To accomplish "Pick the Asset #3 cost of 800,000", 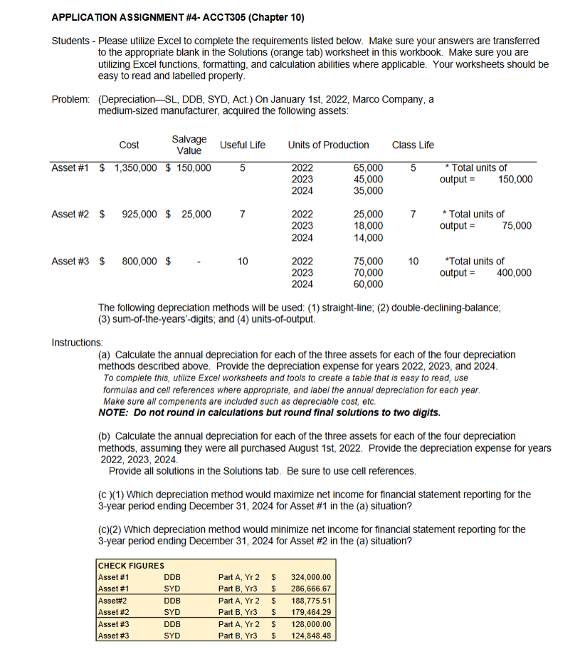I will coord(141,262).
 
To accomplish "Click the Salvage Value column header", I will coord(189,145).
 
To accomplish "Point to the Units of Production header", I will coord(328,145).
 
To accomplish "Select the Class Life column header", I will coord(413,145).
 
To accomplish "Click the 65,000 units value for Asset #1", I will coord(368,168).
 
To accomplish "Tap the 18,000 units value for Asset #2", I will coord(368,226).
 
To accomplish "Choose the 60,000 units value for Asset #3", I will coord(368,284).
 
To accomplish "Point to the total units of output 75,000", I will coord(516,226).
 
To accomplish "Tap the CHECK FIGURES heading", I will coord(131,566).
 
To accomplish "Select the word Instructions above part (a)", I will coord(78,343).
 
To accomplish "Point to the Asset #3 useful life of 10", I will coord(242,262).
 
